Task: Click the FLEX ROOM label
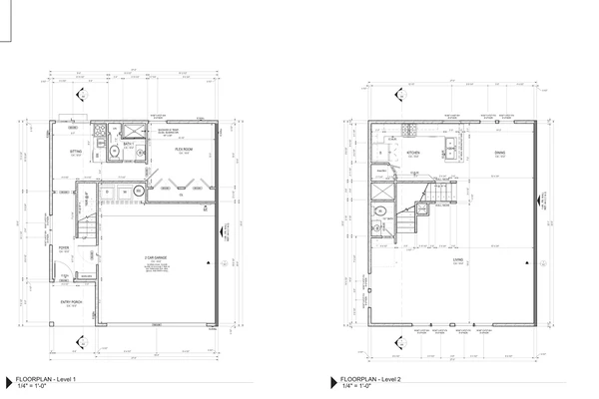(183, 149)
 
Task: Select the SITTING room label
(75, 152)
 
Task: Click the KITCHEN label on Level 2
(412, 153)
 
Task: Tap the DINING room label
(498, 153)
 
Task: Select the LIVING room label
(456, 260)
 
